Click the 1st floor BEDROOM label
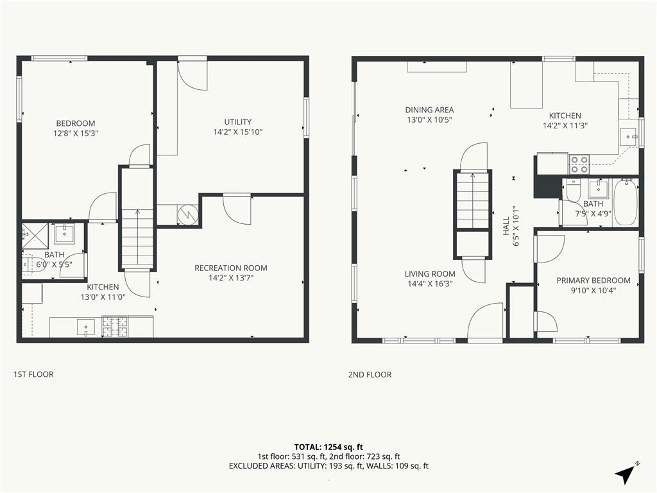tap(76, 123)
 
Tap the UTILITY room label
tap(237, 122)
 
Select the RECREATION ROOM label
tap(231, 268)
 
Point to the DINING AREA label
tap(429, 110)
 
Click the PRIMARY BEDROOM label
tap(593, 281)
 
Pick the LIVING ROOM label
tap(430, 273)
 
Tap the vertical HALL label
tap(506, 225)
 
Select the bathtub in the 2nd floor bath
tap(626, 203)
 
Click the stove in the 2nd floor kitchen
tap(579, 164)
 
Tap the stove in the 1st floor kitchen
tap(115, 327)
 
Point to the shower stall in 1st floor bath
tap(36, 236)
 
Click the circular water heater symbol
tap(188, 214)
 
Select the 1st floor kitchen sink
tap(86, 327)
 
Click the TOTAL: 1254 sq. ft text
tap(328, 447)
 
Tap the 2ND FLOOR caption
tap(370, 374)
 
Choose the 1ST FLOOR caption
tap(33, 374)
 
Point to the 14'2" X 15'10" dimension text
tap(237, 132)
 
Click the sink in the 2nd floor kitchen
tap(628, 137)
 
